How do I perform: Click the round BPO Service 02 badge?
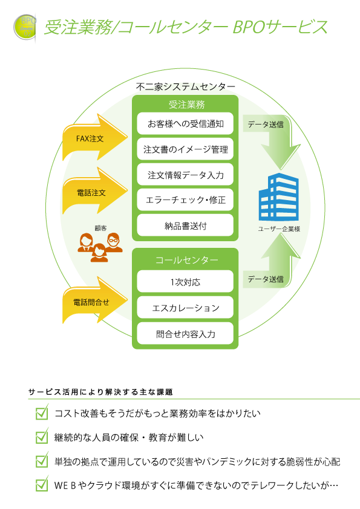[25, 27]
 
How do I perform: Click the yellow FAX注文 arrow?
[94, 138]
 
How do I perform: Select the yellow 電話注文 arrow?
[94, 192]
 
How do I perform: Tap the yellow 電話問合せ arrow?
[94, 300]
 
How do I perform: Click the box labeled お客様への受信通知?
[185, 124]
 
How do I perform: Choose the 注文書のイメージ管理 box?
[185, 149]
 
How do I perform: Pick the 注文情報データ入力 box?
[185, 175]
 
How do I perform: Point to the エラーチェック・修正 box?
[185, 200]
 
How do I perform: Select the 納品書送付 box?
[185, 225]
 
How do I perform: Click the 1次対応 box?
[185, 282]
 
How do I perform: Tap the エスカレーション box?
[185, 308]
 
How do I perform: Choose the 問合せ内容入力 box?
[185, 333]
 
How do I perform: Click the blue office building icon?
[279, 197]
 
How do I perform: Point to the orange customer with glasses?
[113, 242]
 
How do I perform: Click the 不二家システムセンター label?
[186, 86]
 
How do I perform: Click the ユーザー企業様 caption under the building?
[279, 229]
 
